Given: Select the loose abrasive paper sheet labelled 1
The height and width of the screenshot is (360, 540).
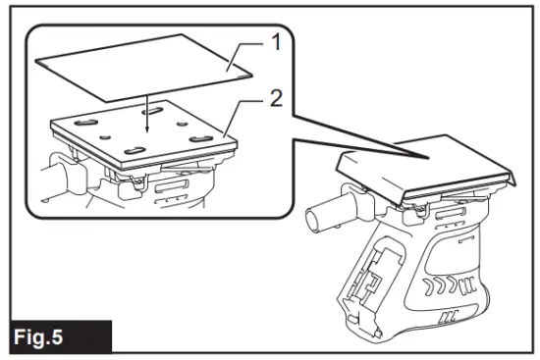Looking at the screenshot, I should [x=147, y=64].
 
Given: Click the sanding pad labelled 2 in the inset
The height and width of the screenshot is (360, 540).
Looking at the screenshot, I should [x=147, y=137].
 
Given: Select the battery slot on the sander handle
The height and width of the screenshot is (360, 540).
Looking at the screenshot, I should [x=374, y=279].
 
